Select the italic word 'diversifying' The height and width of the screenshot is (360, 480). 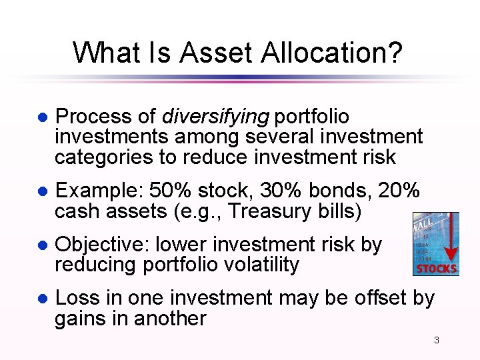coord(215,117)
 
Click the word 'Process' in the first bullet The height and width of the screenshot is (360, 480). coord(95,117)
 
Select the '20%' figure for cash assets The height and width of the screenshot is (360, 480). coord(399,191)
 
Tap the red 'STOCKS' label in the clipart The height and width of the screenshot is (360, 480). coord(436,269)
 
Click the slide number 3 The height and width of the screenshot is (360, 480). coord(437,341)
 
